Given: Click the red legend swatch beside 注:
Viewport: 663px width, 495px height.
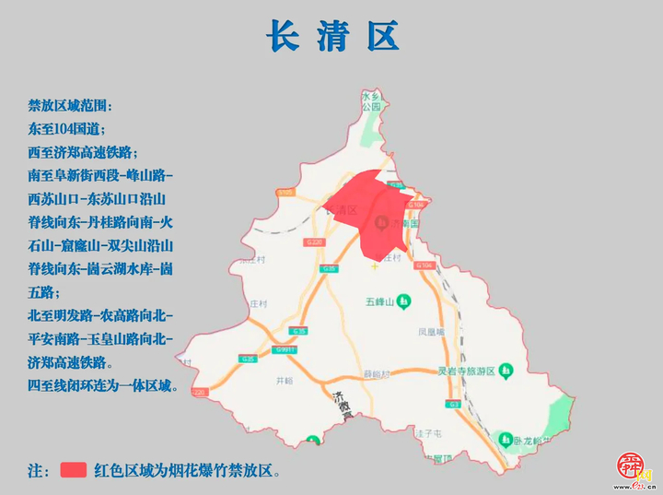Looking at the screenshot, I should coord(73,469).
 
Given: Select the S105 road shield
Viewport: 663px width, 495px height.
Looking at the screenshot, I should coord(286,192).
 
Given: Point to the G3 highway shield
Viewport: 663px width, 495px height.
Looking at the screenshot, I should coord(453,405).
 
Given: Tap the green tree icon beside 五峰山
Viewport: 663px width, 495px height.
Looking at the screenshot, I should coord(402,302).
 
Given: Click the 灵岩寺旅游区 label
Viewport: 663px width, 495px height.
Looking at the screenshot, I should coord(466,371).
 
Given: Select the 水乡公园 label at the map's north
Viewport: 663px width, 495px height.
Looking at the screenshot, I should coord(371,101).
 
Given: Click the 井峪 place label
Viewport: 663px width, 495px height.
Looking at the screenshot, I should coord(284,379).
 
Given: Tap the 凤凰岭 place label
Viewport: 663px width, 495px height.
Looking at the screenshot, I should coord(431,330).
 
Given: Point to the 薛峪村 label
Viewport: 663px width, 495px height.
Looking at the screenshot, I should coord(376,374).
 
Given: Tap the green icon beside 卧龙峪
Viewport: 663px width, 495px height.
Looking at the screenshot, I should coord(504,439).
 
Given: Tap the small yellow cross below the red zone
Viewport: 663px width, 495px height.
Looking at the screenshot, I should coord(374,266).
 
